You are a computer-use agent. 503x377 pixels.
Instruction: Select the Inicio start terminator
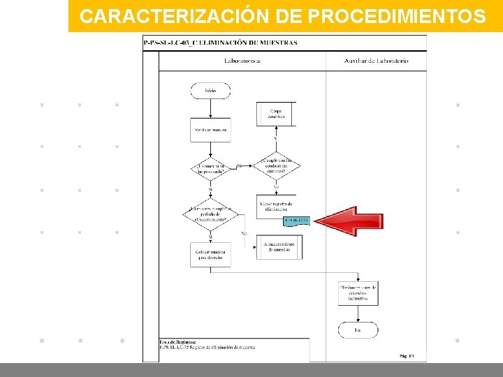[210, 91]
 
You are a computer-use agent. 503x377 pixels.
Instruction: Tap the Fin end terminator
[358, 330]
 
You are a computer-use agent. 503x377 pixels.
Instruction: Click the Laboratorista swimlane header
[242, 61]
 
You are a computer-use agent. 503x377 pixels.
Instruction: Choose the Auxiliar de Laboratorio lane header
[376, 61]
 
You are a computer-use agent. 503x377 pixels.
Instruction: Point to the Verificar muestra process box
[210, 131]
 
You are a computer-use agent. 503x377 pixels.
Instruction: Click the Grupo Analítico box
[276, 114]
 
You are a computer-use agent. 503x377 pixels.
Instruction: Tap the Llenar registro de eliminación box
[276, 206]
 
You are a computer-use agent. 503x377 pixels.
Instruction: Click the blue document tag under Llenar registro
[296, 221]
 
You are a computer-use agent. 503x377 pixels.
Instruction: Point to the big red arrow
[347, 221]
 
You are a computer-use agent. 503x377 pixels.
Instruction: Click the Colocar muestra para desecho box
[210, 254]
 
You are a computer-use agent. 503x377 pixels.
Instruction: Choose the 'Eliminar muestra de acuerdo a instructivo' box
[358, 293]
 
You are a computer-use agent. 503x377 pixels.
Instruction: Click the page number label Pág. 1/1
[407, 356]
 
